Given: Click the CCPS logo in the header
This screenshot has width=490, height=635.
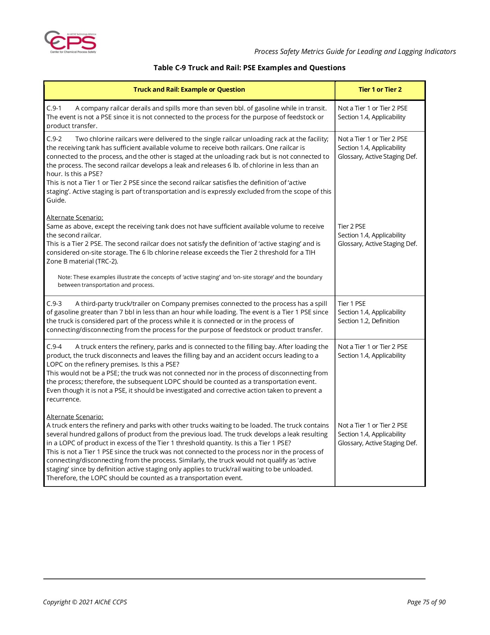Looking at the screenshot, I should coord(70,42).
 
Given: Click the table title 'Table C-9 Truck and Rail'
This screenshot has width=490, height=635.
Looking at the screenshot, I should coord(249,68).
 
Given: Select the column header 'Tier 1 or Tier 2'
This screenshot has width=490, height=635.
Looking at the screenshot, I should coord(380,90).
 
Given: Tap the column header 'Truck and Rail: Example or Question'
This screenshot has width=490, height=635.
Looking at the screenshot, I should coord(189,90).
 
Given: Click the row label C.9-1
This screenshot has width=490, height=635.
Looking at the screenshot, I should coord(54,108).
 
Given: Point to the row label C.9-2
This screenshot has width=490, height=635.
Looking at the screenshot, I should coord(54,139).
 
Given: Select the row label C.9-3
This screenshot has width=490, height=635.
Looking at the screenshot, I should coord(54,304).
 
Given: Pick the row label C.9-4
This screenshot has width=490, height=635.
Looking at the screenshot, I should coord(54,347).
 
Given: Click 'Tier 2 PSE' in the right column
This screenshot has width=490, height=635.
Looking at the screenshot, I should coord(352,226).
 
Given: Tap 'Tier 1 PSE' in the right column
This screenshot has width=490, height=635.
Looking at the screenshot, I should coord(352,304).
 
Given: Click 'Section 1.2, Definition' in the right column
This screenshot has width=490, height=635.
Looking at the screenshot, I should coord(368,321).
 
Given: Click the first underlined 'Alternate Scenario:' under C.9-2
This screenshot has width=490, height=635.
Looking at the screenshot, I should coord(75,218).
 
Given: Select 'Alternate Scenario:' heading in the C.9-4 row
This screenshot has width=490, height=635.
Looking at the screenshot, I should coord(75,417).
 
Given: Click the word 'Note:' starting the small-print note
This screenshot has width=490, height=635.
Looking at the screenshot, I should coord(64,277).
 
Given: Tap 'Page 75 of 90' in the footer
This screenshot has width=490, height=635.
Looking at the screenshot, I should coord(426,602).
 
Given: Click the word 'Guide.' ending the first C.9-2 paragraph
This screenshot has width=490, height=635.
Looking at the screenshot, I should coord(56,200).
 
